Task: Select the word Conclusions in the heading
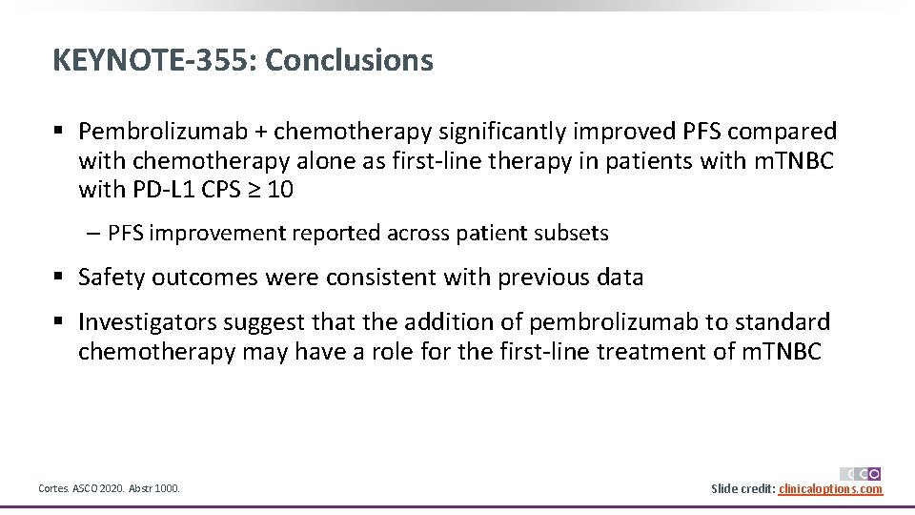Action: pos(349,60)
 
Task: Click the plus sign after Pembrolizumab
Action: pos(253,132)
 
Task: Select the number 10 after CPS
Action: pos(280,191)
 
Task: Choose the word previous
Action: pos(538,278)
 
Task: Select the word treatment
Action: pos(652,352)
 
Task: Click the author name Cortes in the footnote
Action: pos(53,489)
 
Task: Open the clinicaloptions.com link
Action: pos(830,489)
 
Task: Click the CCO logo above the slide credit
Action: pos(860,473)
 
